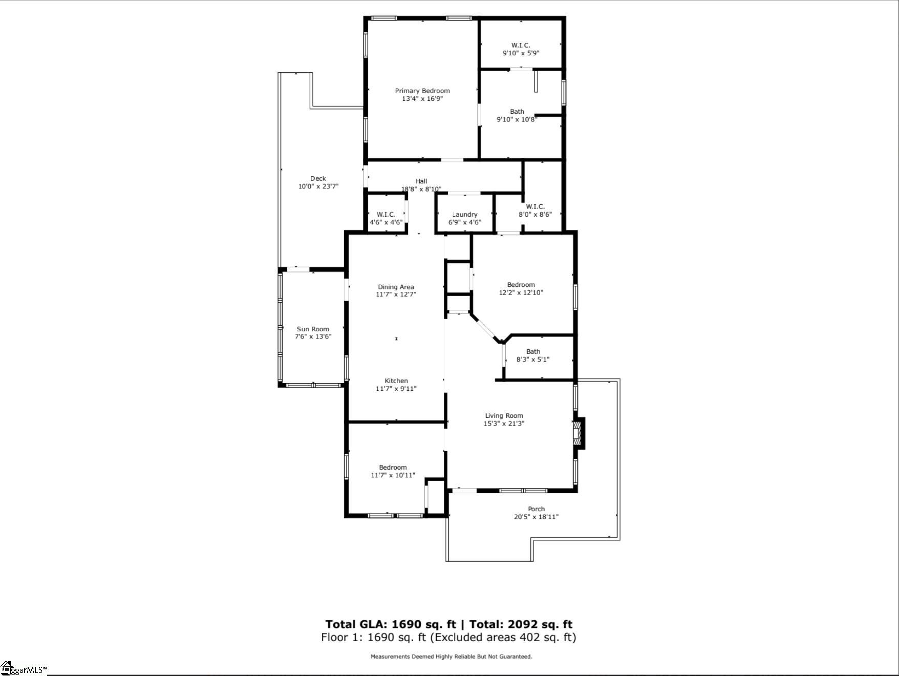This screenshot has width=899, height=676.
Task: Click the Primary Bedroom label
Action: pyautogui.click(x=422, y=91)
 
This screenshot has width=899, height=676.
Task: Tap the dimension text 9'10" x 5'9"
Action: pyautogui.click(x=521, y=53)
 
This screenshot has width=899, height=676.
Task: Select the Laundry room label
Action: pyautogui.click(x=465, y=215)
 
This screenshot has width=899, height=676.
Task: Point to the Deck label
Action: pyautogui.click(x=318, y=179)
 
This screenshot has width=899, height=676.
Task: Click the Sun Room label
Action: pyautogui.click(x=313, y=329)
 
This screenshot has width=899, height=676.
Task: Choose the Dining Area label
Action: pyautogui.click(x=396, y=287)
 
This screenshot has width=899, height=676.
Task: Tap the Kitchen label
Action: pyautogui.click(x=396, y=381)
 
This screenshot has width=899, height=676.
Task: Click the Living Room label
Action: pyautogui.click(x=504, y=416)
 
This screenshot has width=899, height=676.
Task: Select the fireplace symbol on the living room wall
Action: pyautogui.click(x=579, y=433)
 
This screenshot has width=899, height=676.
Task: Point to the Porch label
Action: pyautogui.click(x=536, y=509)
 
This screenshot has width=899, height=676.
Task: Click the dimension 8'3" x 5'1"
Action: pyautogui.click(x=533, y=360)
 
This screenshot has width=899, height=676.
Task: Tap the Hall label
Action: pyautogui.click(x=421, y=181)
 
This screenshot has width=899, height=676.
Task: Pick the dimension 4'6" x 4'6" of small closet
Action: pyautogui.click(x=386, y=222)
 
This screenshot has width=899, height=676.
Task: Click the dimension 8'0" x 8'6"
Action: pyautogui.click(x=535, y=215)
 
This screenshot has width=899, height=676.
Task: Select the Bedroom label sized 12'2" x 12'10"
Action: pyautogui.click(x=521, y=285)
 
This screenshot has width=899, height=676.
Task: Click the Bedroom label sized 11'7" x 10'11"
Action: pyautogui.click(x=393, y=467)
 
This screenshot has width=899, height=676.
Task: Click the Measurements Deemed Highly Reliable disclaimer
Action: pyautogui.click(x=451, y=657)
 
